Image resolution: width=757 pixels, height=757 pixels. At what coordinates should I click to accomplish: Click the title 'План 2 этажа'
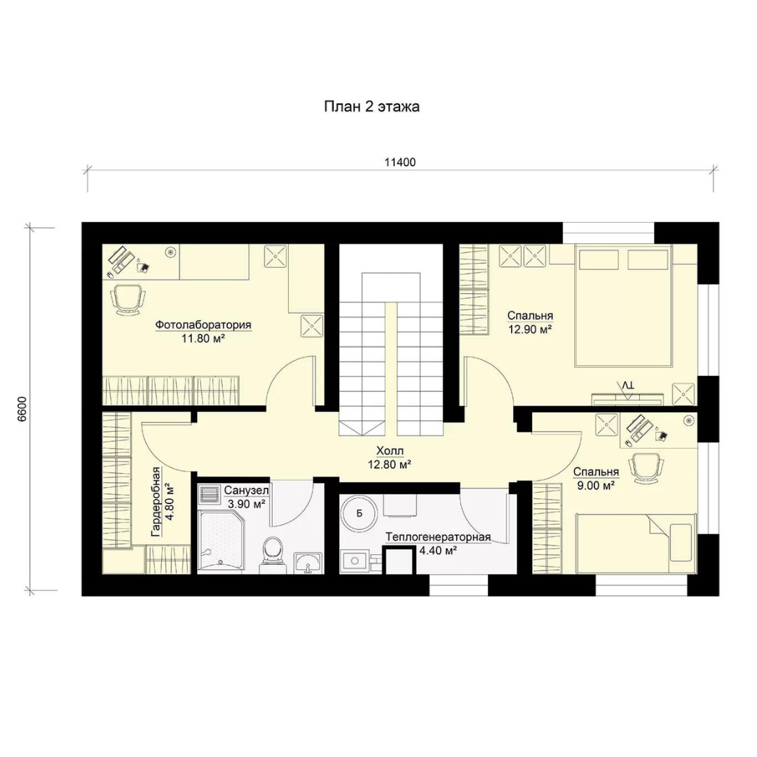[371, 107]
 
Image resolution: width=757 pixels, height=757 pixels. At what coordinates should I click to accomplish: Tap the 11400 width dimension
[400, 162]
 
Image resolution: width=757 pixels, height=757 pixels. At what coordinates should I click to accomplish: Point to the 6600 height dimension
[22, 410]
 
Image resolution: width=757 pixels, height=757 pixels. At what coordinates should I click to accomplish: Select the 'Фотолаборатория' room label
[203, 325]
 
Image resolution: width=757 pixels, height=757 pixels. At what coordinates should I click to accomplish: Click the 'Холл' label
[390, 451]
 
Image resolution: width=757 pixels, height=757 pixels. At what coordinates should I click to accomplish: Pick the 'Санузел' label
[246, 491]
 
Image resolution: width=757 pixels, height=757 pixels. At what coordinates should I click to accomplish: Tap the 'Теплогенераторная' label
[438, 538]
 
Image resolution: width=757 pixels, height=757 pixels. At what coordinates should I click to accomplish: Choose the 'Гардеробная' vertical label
[156, 502]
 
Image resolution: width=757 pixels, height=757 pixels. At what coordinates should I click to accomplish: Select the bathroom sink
[308, 563]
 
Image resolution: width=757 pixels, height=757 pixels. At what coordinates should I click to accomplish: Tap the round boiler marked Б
[359, 514]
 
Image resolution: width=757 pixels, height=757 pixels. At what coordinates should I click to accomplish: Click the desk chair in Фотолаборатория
[128, 299]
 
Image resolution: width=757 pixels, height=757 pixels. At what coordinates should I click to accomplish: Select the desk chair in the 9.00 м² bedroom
[646, 468]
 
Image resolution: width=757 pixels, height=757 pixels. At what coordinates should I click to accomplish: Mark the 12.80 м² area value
[390, 465]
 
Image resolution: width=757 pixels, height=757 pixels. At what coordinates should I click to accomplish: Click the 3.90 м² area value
[246, 504]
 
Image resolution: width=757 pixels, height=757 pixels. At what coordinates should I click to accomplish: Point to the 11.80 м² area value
[203, 339]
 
